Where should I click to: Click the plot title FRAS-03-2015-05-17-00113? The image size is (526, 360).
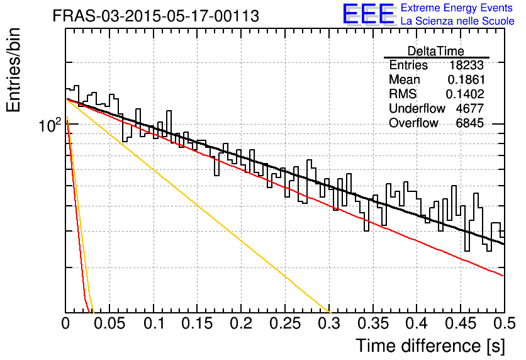(155, 16)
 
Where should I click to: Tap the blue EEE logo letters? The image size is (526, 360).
(368, 14)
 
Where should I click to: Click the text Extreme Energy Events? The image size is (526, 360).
(457, 8)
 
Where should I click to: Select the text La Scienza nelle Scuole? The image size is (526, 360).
(457, 21)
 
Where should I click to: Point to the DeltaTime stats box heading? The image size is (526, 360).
(436, 51)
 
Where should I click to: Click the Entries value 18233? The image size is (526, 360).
(467, 65)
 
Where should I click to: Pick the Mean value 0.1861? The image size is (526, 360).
(466, 79)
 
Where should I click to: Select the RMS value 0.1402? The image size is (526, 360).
(465, 94)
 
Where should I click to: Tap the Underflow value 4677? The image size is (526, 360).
(470, 108)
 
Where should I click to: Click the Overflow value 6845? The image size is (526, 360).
(470, 123)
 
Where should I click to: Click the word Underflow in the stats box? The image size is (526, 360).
(417, 108)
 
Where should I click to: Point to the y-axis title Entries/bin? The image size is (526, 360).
(13, 70)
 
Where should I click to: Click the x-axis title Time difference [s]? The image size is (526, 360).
(430, 346)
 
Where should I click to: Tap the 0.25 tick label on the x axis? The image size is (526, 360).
(285, 323)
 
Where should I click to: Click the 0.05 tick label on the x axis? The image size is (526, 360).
(109, 323)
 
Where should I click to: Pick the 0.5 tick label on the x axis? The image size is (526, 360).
(505, 323)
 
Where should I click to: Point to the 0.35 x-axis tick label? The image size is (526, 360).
(373, 323)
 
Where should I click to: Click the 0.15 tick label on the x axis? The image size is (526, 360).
(198, 323)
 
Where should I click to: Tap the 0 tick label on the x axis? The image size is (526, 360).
(65, 323)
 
